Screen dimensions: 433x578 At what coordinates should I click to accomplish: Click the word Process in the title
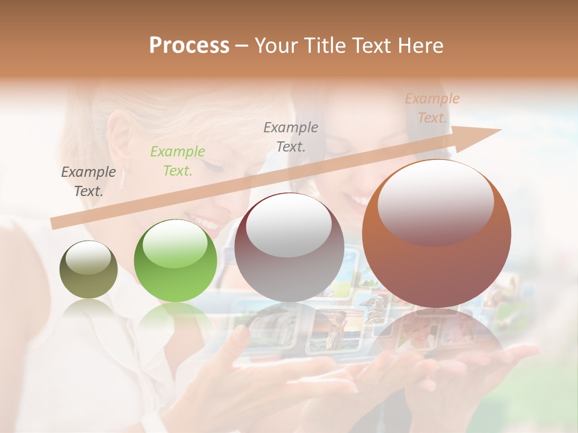tap(189, 46)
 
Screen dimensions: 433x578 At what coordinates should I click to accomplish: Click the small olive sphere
tap(89, 269)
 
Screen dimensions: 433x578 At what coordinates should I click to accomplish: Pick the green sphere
tap(175, 261)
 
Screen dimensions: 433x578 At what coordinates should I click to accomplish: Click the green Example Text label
tap(177, 161)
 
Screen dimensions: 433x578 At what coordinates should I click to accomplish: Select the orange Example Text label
tap(432, 108)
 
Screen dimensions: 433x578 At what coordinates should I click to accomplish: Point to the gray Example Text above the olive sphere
tap(89, 182)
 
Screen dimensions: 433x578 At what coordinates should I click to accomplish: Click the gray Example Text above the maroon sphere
tap(291, 137)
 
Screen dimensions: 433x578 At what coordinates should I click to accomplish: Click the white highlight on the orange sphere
tap(435, 202)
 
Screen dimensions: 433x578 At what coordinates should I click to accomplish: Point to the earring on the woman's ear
tap(125, 178)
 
